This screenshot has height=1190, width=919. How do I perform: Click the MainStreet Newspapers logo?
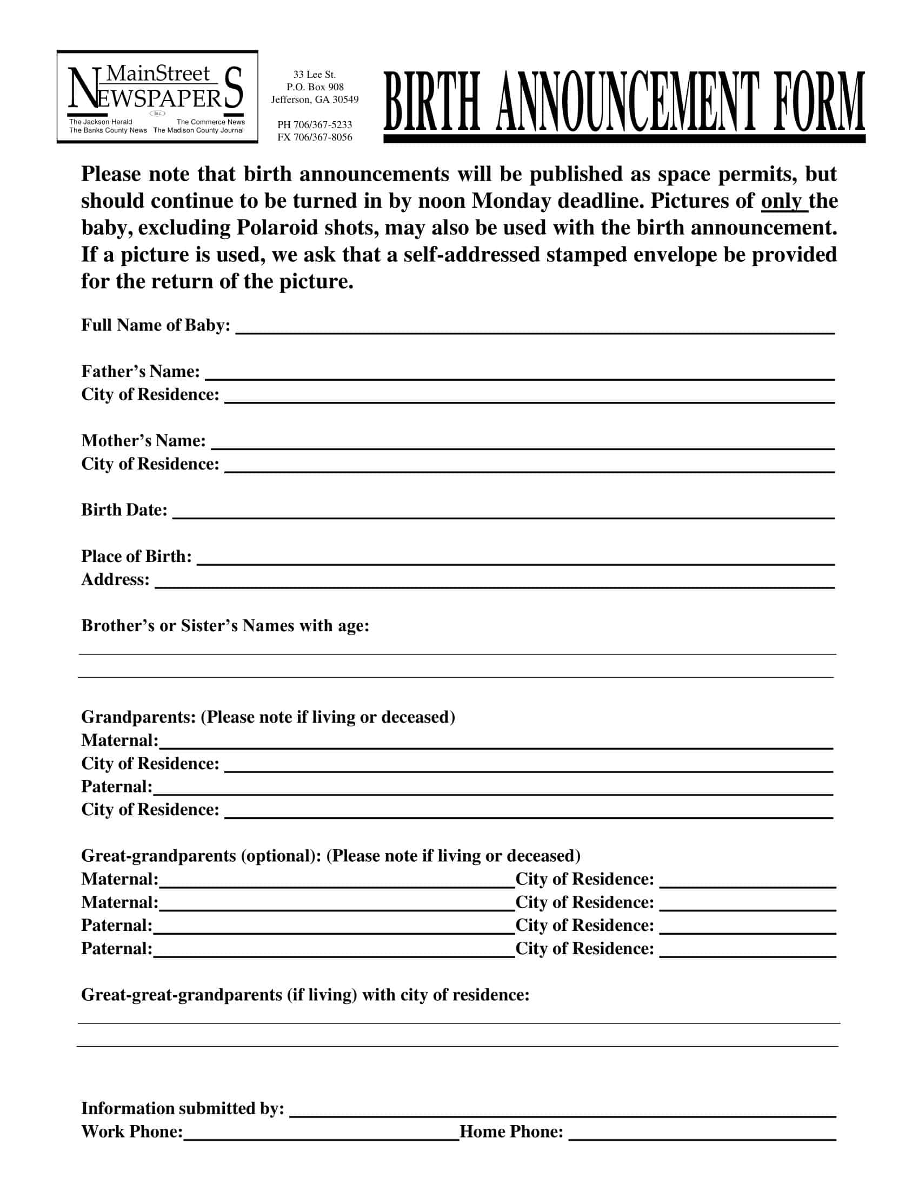157,97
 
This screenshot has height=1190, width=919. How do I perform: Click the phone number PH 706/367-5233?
315,125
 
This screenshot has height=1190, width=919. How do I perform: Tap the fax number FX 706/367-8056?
315,137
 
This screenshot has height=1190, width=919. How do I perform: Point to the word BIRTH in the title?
432,102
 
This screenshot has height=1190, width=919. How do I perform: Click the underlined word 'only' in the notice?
783,201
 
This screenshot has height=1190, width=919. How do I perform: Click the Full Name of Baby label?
156,325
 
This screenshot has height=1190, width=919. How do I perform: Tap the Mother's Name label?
144,441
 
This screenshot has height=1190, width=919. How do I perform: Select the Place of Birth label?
137,556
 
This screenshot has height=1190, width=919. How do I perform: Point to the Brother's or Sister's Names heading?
225,625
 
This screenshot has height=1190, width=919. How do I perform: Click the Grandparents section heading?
268,717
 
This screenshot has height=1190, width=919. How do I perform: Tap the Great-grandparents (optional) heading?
330,856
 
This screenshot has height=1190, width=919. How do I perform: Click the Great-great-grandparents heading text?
305,995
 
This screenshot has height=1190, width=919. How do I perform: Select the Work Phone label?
132,1132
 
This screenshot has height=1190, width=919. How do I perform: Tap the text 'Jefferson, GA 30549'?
315,100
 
